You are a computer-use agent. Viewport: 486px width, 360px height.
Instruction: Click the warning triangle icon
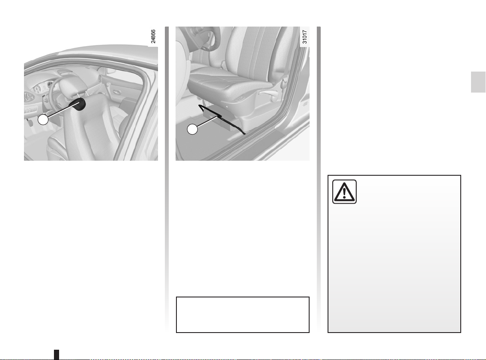click(x=344, y=192)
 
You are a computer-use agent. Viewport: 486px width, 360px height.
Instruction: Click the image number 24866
click(x=153, y=36)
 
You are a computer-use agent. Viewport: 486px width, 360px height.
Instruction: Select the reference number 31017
click(x=305, y=36)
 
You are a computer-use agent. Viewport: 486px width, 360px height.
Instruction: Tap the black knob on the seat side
click(x=80, y=104)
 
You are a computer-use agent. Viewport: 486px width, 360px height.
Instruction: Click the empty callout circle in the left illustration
click(x=43, y=120)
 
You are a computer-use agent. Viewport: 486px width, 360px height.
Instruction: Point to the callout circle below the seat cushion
click(x=192, y=129)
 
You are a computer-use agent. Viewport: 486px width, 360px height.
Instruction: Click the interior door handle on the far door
click(x=116, y=93)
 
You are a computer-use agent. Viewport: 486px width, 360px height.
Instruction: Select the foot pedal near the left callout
click(x=30, y=123)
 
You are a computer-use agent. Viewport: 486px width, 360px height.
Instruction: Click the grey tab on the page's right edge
click(x=478, y=82)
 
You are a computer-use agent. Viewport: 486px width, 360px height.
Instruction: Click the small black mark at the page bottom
click(x=57, y=354)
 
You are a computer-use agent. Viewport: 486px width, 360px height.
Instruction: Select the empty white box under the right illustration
click(x=243, y=315)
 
